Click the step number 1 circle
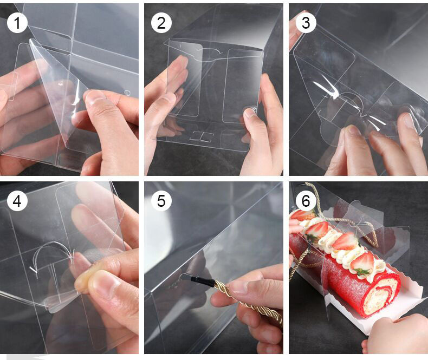[17, 23]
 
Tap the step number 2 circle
[161, 23]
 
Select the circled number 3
[306, 23]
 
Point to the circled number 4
[17, 201]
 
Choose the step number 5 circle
[161, 201]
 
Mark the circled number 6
[306, 201]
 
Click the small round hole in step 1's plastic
[127, 93]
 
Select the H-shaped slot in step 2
[202, 136]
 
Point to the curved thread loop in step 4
[52, 247]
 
